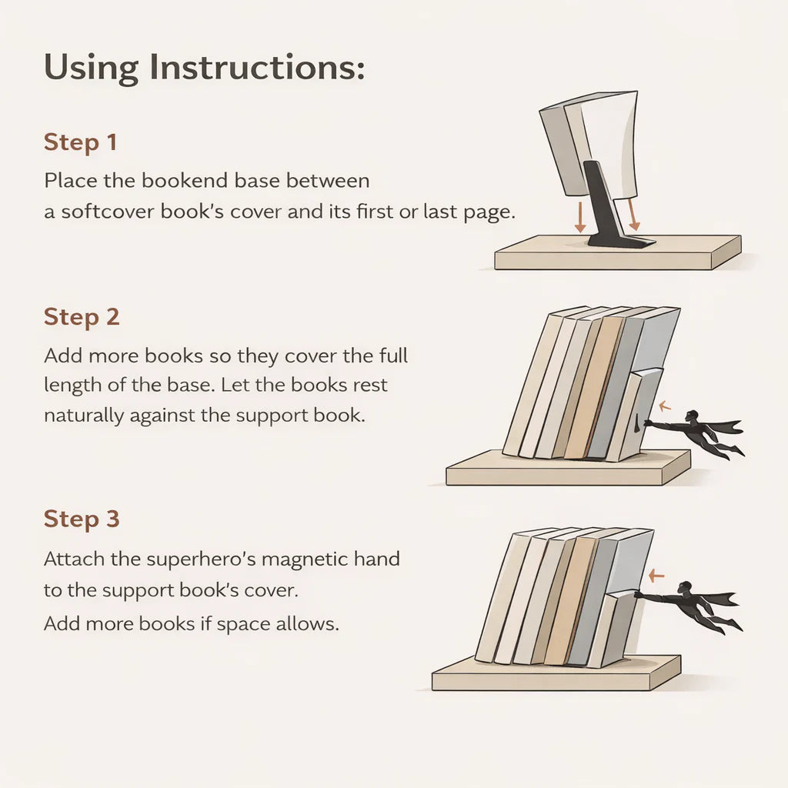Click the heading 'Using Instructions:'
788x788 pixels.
204,68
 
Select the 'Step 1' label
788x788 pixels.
81,143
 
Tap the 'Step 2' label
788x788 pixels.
82,317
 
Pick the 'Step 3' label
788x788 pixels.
82,519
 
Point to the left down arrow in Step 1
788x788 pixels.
579,217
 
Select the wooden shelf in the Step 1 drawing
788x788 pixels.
616,255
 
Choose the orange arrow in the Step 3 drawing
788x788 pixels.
656,574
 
